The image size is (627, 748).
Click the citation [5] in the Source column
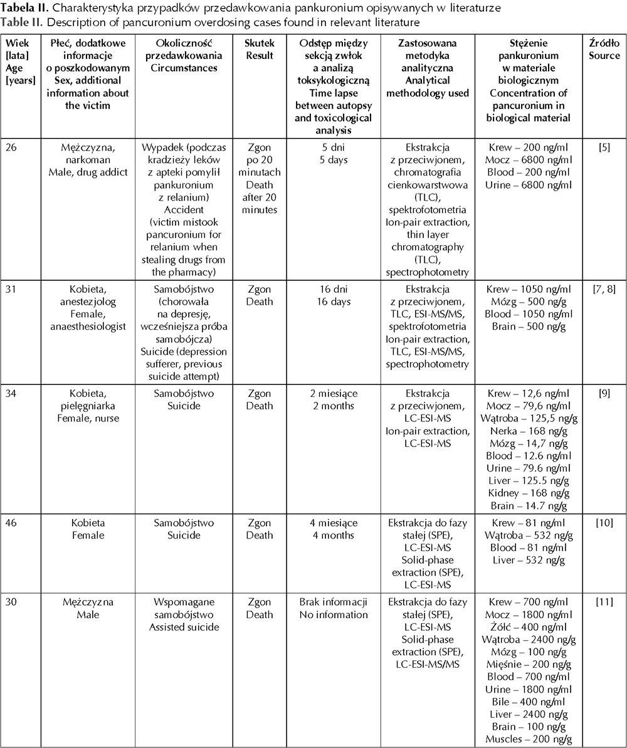pos(604,148)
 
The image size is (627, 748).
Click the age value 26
pos(12,148)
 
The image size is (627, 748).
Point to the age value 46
pos(12,523)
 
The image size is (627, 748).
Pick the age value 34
pos(12,394)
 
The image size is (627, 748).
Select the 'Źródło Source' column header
pos(604,50)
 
